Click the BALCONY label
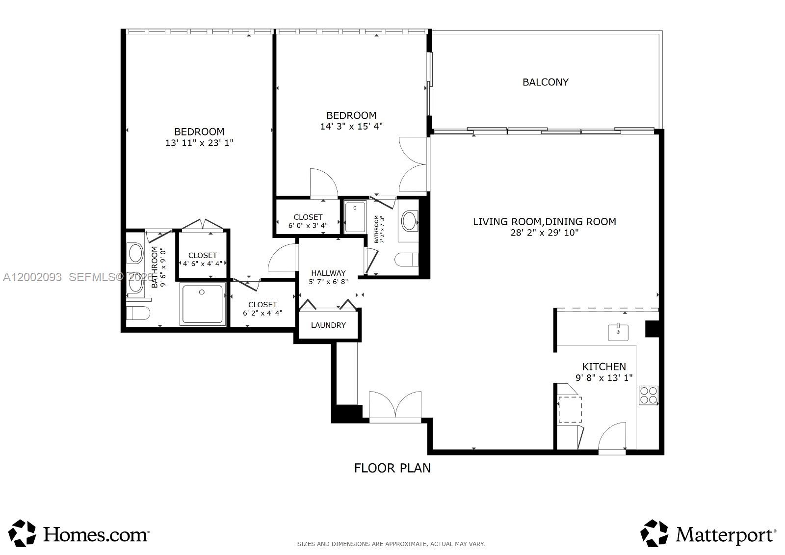[545, 82]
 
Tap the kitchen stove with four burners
[648, 395]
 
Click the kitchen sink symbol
[618, 332]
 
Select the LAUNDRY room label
[328, 325]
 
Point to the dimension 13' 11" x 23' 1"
[199, 143]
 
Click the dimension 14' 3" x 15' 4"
[351, 126]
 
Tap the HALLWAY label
[328, 273]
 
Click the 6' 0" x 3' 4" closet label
[308, 225]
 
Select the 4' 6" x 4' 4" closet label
[203, 264]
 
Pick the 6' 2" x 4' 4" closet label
[262, 313]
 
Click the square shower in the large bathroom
[203, 303]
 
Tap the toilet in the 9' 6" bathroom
[137, 313]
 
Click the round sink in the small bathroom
[409, 221]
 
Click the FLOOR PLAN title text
[392, 468]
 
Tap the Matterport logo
[708, 534]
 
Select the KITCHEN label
[603, 367]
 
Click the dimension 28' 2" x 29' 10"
[544, 233]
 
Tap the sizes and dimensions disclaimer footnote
[391, 544]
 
